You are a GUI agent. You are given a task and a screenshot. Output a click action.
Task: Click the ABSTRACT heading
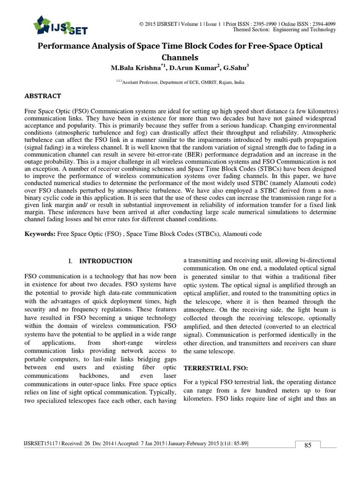(x=43, y=96)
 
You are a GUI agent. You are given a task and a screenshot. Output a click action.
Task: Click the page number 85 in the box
(x=308, y=445)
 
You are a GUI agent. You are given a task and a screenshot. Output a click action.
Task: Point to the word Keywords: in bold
(x=39, y=233)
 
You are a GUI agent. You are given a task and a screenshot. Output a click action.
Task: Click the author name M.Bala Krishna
(x=135, y=68)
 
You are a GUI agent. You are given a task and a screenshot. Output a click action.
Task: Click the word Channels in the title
(x=180, y=58)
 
